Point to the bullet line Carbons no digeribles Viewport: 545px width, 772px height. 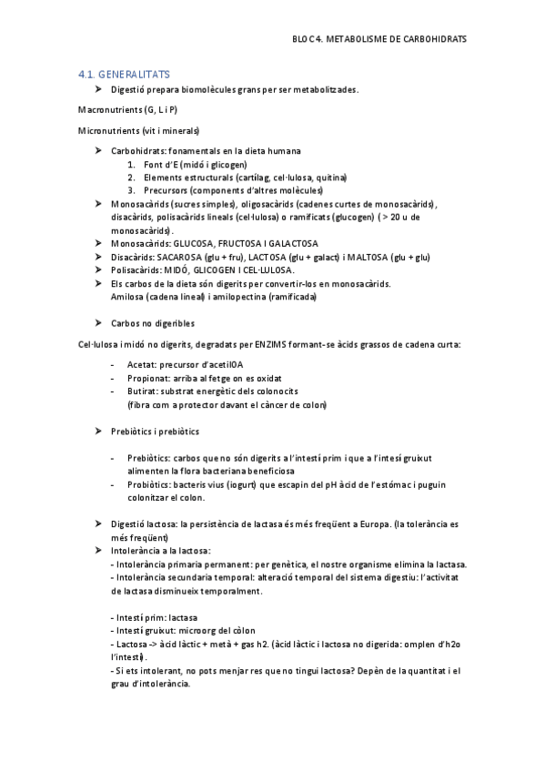[152, 323]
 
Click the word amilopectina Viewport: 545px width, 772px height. [220, 297]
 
